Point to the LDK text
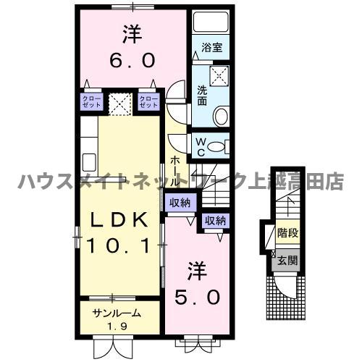(x=119, y=219)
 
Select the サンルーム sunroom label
(x=115, y=315)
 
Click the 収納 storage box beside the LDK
(x=180, y=203)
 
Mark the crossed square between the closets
(x=119, y=101)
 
